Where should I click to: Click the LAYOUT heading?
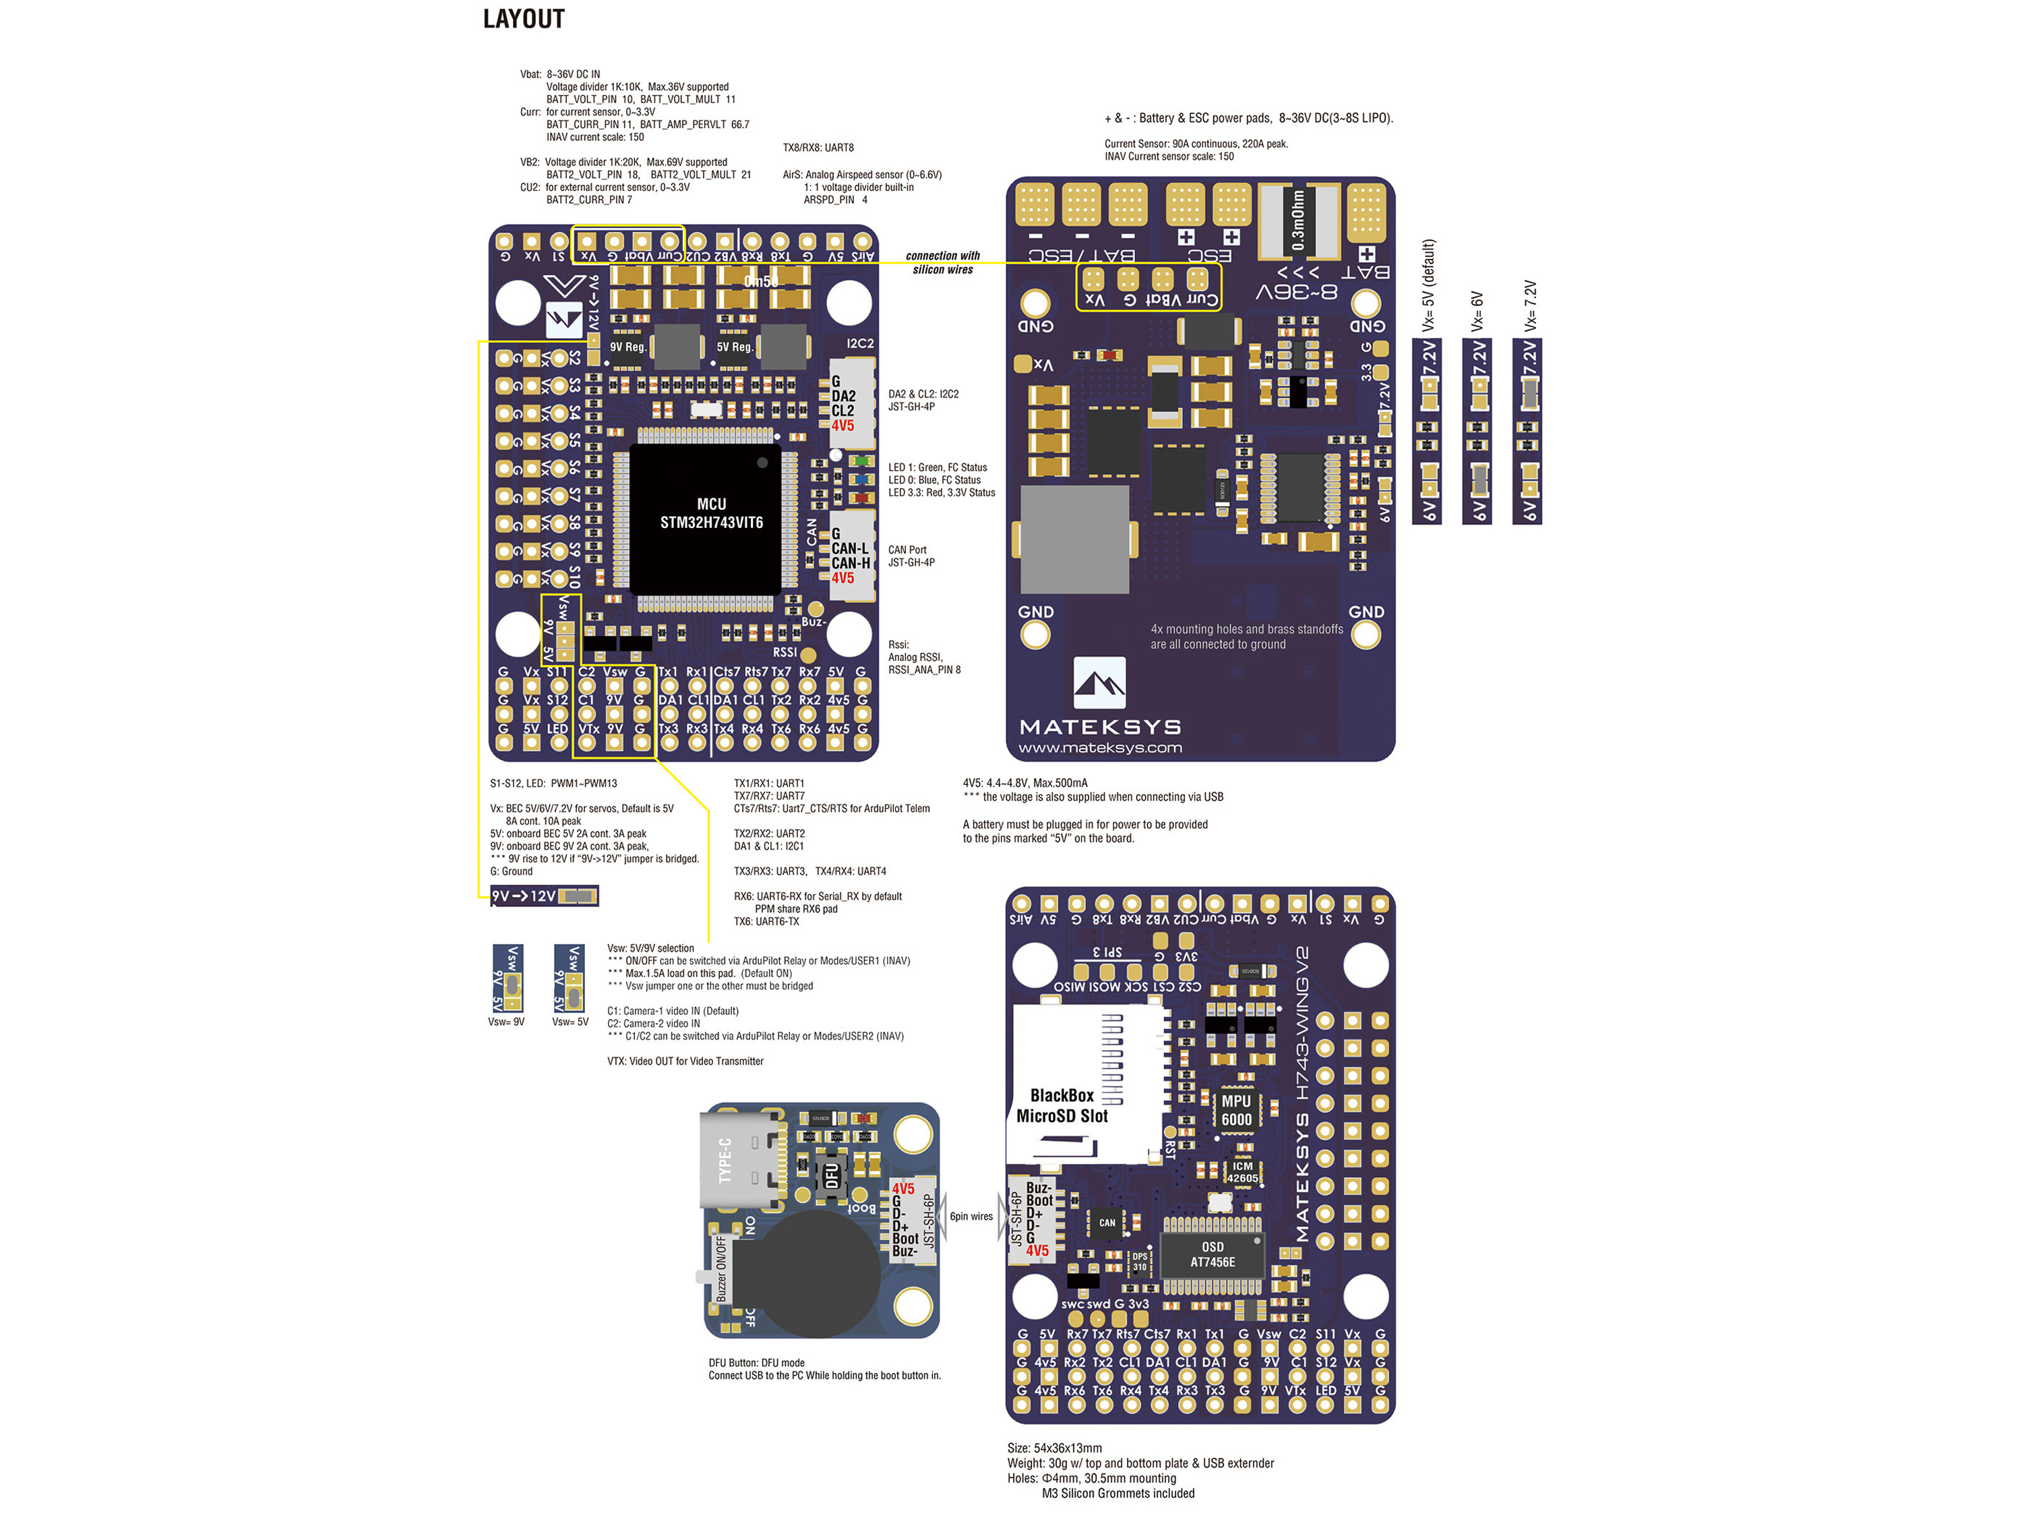click(x=524, y=19)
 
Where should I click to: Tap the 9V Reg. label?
click(x=628, y=347)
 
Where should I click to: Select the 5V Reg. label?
click(x=735, y=347)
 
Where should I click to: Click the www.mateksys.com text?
click(x=1100, y=748)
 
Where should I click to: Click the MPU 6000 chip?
click(x=1236, y=1110)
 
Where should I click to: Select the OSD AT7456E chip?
click(x=1212, y=1254)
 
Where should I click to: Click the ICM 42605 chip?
click(x=1242, y=1172)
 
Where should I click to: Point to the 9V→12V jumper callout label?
click(x=544, y=896)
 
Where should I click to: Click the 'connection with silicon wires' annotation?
click(x=942, y=262)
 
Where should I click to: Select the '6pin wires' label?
click(x=971, y=1217)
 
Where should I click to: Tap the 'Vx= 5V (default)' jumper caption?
click(x=1429, y=285)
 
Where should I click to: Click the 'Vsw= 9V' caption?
click(x=506, y=1022)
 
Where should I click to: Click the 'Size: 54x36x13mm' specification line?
click(x=1054, y=1449)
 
